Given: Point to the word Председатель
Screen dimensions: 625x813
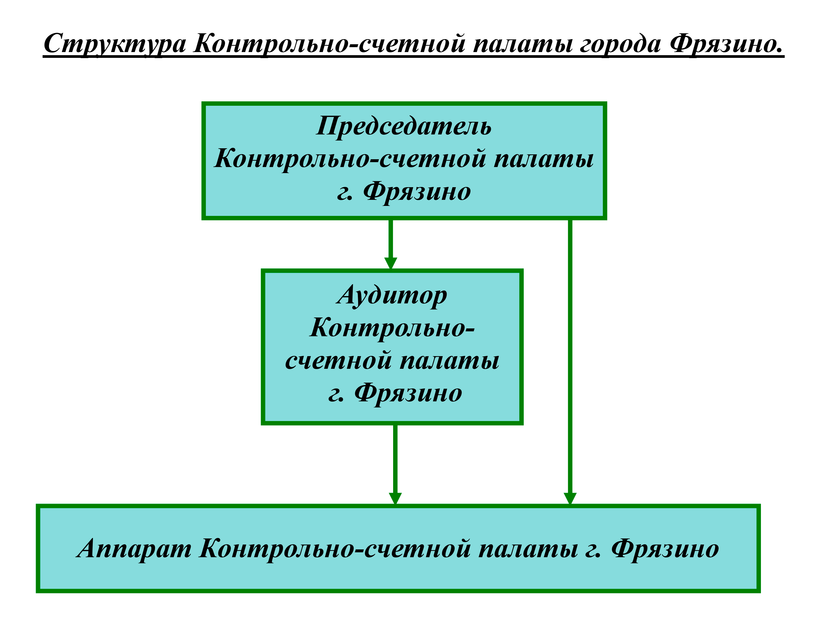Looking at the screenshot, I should click(x=404, y=126).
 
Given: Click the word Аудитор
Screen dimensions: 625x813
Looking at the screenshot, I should click(x=392, y=296).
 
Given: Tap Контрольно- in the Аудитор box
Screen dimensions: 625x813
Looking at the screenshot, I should click(x=392, y=328).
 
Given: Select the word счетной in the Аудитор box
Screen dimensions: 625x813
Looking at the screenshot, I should click(x=339, y=361).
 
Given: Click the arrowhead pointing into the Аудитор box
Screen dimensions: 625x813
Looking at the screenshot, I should click(x=390, y=263).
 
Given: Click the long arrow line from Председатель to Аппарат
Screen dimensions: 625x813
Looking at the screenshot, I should click(x=570, y=353).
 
